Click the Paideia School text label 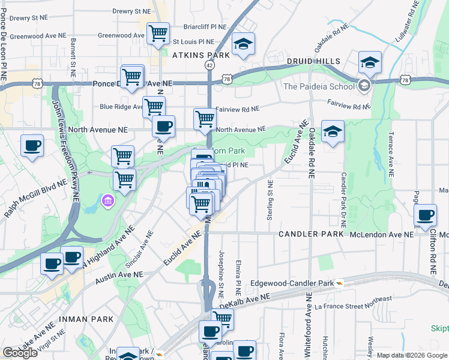pyautogui.click(x=319, y=86)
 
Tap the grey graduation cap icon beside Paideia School pyautogui.click(x=364, y=86)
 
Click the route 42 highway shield pyautogui.click(x=209, y=64)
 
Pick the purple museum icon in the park pyautogui.click(x=107, y=199)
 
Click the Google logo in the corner pyautogui.click(x=20, y=353)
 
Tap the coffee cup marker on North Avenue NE pyautogui.click(x=163, y=126)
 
